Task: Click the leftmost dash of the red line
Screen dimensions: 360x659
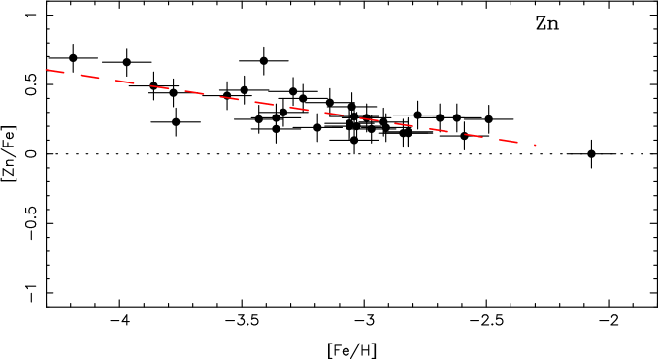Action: click(54, 71)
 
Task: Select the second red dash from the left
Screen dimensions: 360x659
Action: click(89, 76)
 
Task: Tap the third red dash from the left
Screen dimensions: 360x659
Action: click(124, 82)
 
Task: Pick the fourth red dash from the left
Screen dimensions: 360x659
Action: click(159, 87)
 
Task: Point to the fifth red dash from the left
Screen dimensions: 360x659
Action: click(194, 92)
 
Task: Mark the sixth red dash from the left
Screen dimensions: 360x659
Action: click(229, 98)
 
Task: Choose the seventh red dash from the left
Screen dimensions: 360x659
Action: click(264, 103)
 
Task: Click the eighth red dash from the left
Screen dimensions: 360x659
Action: click(299, 109)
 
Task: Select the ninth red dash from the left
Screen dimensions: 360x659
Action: click(334, 114)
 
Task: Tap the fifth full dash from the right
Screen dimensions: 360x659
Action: click(369, 119)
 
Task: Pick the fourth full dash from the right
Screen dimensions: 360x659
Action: click(404, 124)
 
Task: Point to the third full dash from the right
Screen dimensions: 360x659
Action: click(439, 130)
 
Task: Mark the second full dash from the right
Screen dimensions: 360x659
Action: click(474, 135)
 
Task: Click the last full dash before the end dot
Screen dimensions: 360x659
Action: click(509, 141)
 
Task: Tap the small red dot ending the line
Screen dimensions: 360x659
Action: click(535, 145)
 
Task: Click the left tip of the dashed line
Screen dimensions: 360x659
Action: click(45, 69)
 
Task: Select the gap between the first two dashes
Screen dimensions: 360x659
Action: click(72, 74)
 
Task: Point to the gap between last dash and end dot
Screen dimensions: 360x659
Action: click(526, 144)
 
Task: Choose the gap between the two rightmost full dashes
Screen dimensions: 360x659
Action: click(491, 138)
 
